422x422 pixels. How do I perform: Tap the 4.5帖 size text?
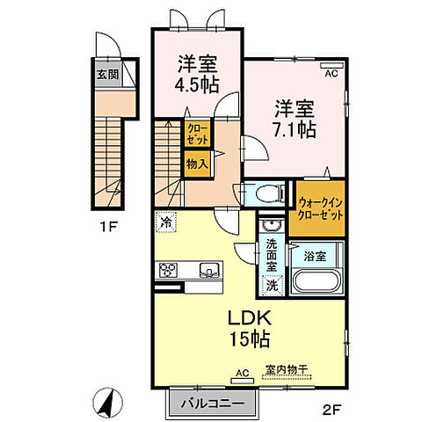point(198,85)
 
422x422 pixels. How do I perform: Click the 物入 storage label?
point(196,163)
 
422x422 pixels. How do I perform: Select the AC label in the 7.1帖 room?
point(331,75)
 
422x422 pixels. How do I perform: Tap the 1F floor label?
point(106,225)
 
